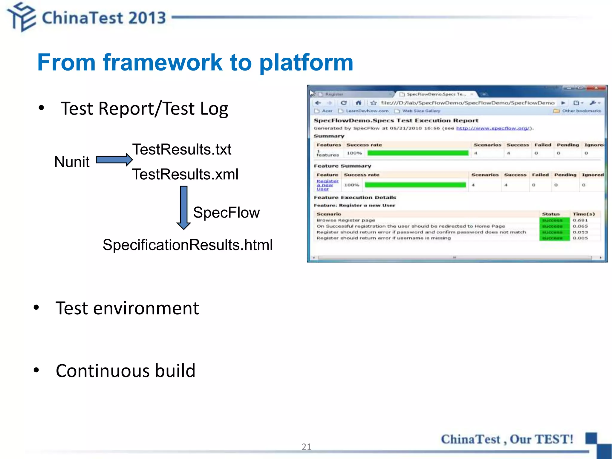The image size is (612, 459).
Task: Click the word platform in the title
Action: click(x=306, y=62)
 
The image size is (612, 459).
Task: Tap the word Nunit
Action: click(x=72, y=162)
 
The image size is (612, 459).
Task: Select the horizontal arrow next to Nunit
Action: click(x=114, y=160)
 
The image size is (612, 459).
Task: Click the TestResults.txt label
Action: click(x=182, y=149)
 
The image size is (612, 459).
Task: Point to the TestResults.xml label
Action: click(x=185, y=174)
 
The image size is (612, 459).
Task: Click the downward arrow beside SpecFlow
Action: click(x=184, y=207)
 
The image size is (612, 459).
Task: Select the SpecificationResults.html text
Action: click(x=188, y=245)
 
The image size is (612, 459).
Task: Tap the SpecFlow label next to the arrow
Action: click(x=226, y=212)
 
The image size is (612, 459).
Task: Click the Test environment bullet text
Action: click(x=127, y=308)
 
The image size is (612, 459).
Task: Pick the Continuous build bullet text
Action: click(x=126, y=371)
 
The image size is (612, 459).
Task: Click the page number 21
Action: click(x=306, y=447)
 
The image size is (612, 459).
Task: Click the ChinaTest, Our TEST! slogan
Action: click(x=507, y=439)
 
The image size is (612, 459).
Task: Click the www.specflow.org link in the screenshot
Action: click(x=493, y=128)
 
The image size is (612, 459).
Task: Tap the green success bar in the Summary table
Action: click(x=417, y=153)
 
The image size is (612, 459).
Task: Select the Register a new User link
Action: click(x=327, y=185)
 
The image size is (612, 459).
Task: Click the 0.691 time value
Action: click(x=580, y=220)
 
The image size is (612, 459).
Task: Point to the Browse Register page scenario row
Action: click(x=346, y=220)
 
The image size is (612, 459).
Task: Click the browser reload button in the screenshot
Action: click(x=344, y=103)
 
